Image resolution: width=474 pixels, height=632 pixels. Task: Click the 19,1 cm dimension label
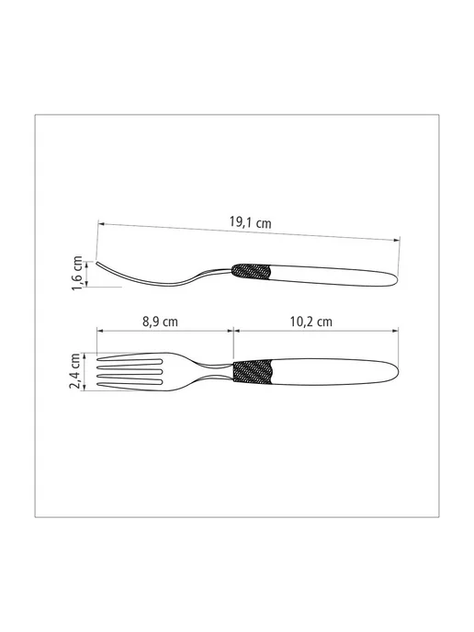click(250, 222)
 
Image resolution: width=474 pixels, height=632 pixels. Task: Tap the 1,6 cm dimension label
click(77, 273)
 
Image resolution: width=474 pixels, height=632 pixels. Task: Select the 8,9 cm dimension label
click(160, 322)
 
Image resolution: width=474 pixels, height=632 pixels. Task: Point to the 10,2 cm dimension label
click(311, 322)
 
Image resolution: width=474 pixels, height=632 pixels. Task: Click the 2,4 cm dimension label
click(75, 371)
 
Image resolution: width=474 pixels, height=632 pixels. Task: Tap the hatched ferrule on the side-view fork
click(251, 271)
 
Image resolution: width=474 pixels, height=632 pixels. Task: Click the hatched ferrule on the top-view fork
click(254, 371)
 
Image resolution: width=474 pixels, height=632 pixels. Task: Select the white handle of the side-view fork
click(334, 276)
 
